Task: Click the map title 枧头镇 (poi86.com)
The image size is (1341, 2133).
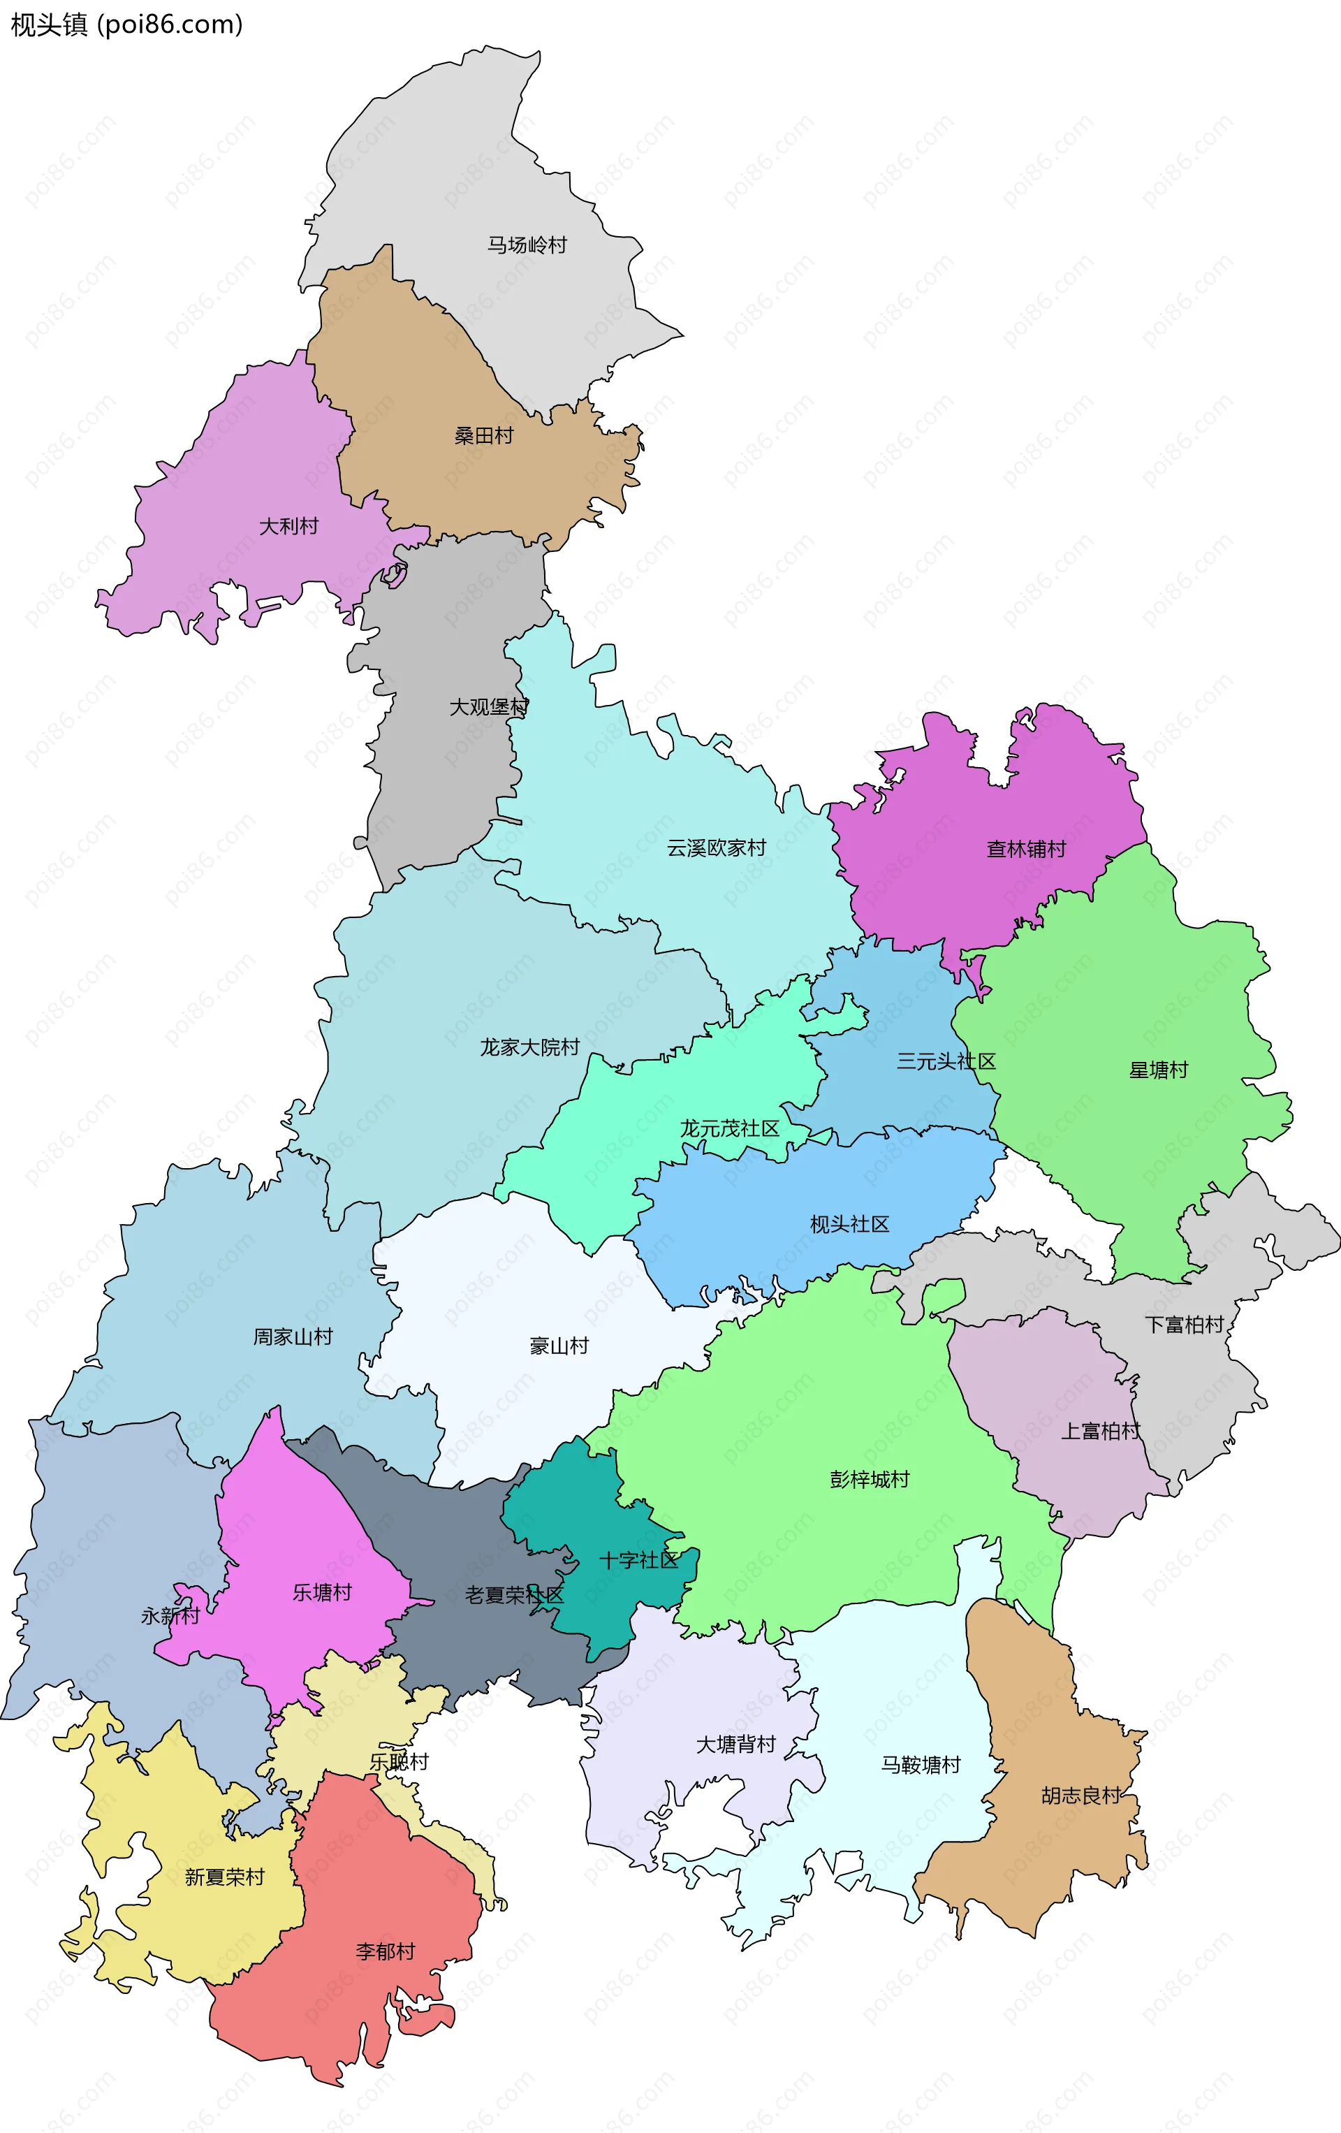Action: click(126, 25)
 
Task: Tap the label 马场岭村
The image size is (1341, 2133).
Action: click(527, 245)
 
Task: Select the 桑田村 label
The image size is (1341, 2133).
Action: click(483, 436)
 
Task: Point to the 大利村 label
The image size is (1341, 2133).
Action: click(288, 526)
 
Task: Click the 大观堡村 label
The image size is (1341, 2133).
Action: click(489, 707)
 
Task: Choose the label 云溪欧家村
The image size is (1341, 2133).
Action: click(717, 847)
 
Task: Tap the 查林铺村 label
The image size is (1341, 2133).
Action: click(1027, 849)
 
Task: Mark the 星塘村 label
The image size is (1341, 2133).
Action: click(1159, 1070)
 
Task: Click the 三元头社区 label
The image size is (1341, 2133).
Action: click(946, 1061)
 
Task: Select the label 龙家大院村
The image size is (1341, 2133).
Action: click(529, 1047)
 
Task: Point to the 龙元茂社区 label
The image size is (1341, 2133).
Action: click(730, 1128)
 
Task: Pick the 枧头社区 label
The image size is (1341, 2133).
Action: click(849, 1224)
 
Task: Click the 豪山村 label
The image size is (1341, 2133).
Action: click(559, 1346)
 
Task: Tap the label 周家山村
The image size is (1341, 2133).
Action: click(293, 1337)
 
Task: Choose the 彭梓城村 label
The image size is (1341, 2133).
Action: click(870, 1479)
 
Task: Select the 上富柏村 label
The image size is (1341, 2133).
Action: click(1101, 1432)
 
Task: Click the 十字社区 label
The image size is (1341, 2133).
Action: click(638, 1561)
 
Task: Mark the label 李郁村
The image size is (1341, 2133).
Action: click(386, 1951)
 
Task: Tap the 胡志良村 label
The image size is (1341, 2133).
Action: click(1080, 1796)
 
